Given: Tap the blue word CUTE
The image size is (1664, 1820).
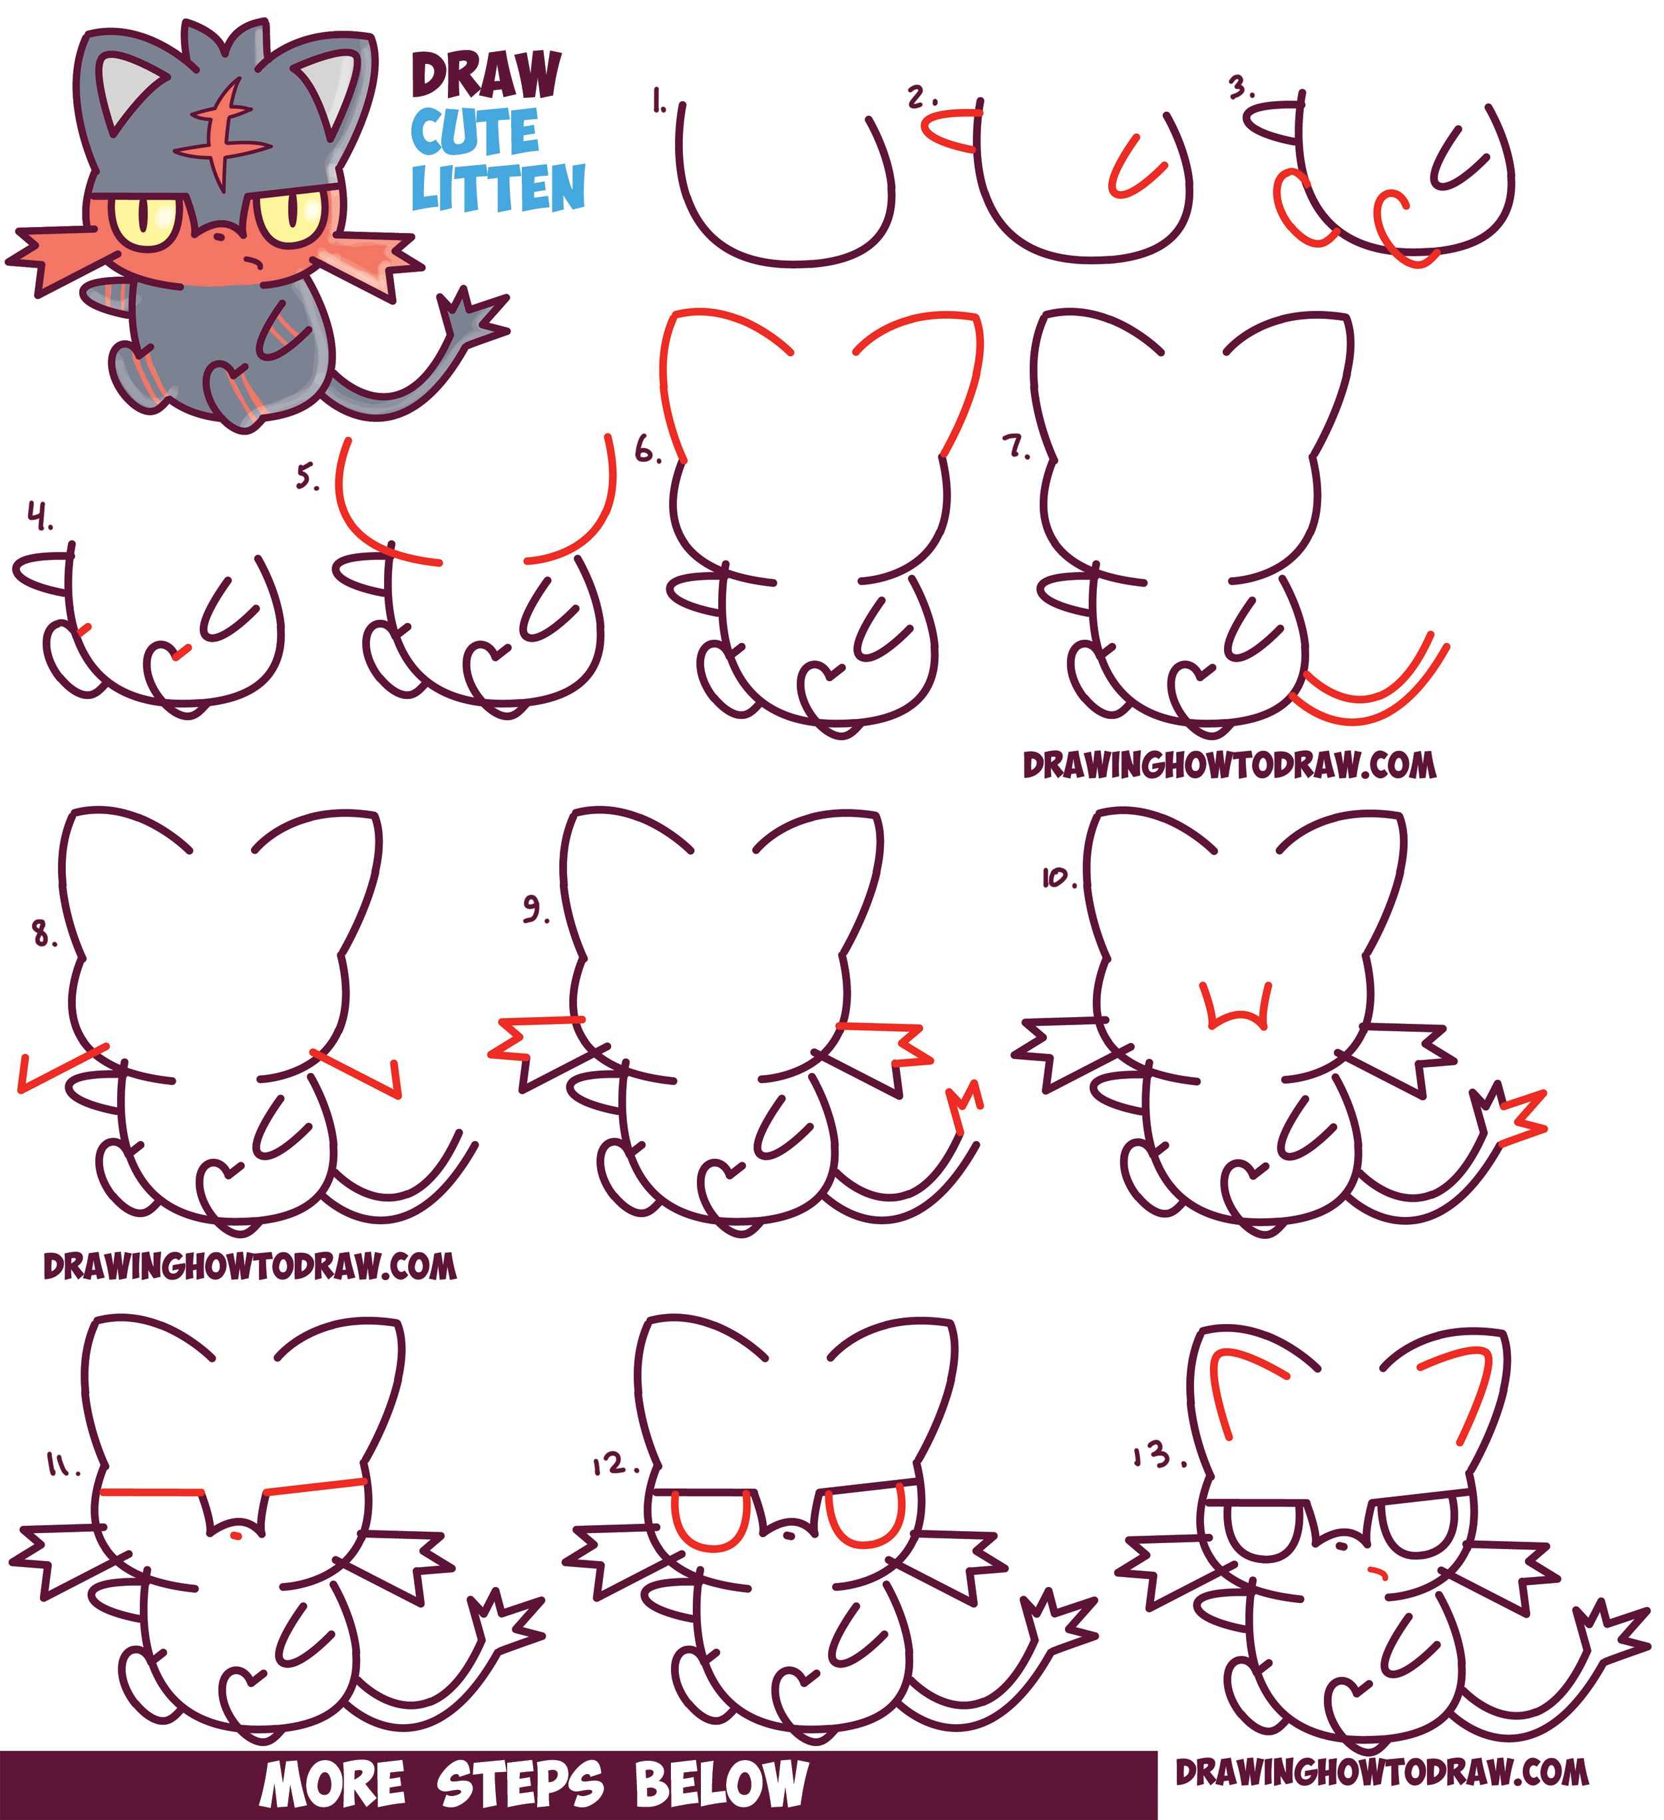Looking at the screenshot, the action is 475,132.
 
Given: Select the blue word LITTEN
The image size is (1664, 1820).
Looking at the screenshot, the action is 499,188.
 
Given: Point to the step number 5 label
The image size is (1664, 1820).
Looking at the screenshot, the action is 308,476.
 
